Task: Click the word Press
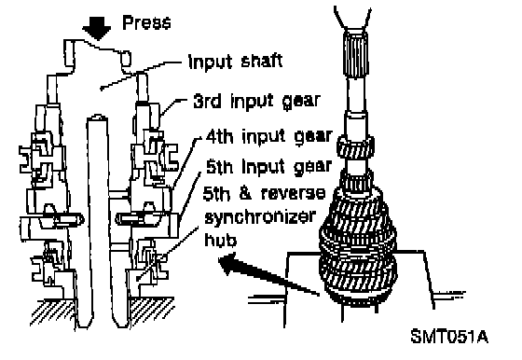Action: (x=147, y=22)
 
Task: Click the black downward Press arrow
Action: (x=97, y=28)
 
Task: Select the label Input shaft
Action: (x=235, y=62)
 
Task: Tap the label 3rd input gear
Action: (x=256, y=102)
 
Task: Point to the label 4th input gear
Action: (x=269, y=136)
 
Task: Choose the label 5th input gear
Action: (x=269, y=167)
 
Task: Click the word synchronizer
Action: (x=260, y=217)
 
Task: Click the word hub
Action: (x=220, y=239)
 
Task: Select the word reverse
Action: (x=293, y=193)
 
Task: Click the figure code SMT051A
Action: (x=449, y=337)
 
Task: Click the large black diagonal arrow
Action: (x=268, y=274)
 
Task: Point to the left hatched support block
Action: (x=52, y=312)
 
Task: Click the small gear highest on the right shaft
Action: (x=355, y=146)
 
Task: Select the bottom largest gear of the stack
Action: (x=358, y=276)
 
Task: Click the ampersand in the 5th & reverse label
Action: (x=245, y=193)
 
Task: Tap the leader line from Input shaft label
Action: (x=141, y=76)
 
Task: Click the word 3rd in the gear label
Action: (x=207, y=101)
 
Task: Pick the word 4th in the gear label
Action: (x=219, y=136)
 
